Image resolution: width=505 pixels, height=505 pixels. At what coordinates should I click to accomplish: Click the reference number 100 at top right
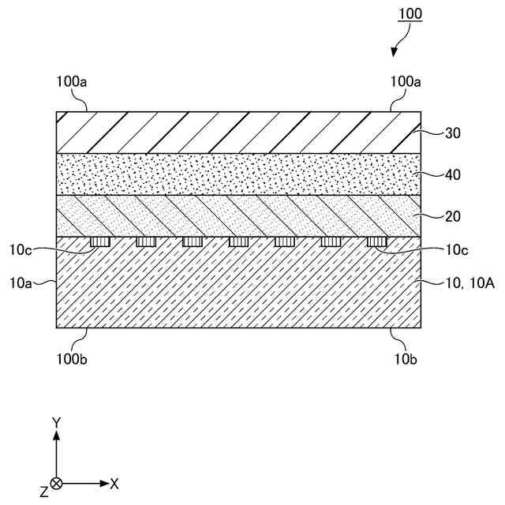tap(410, 13)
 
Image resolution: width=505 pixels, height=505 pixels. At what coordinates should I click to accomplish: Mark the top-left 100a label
tap(73, 81)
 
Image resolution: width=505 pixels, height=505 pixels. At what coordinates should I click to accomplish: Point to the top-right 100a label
tap(407, 81)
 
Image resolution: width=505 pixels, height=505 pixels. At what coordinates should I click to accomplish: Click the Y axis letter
tap(56, 424)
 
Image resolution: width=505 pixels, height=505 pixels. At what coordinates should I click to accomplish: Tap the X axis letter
tap(114, 483)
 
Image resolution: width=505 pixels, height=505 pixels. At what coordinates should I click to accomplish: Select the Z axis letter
tap(43, 492)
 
